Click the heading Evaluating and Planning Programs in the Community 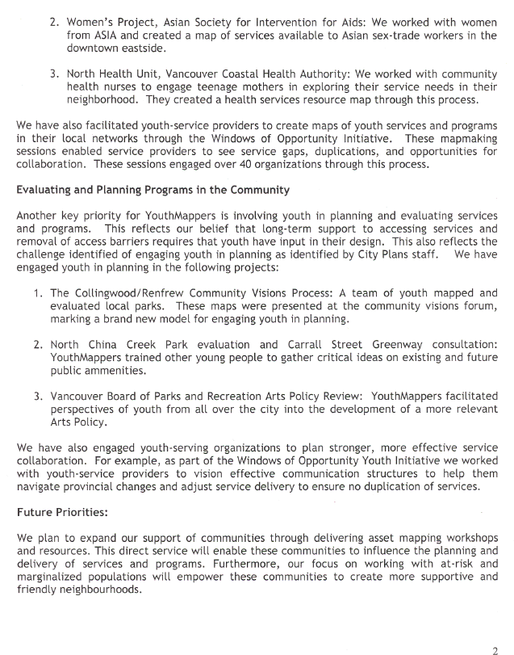click(x=151, y=191)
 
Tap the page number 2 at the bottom click(x=495, y=649)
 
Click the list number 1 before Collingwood click(x=38, y=294)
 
